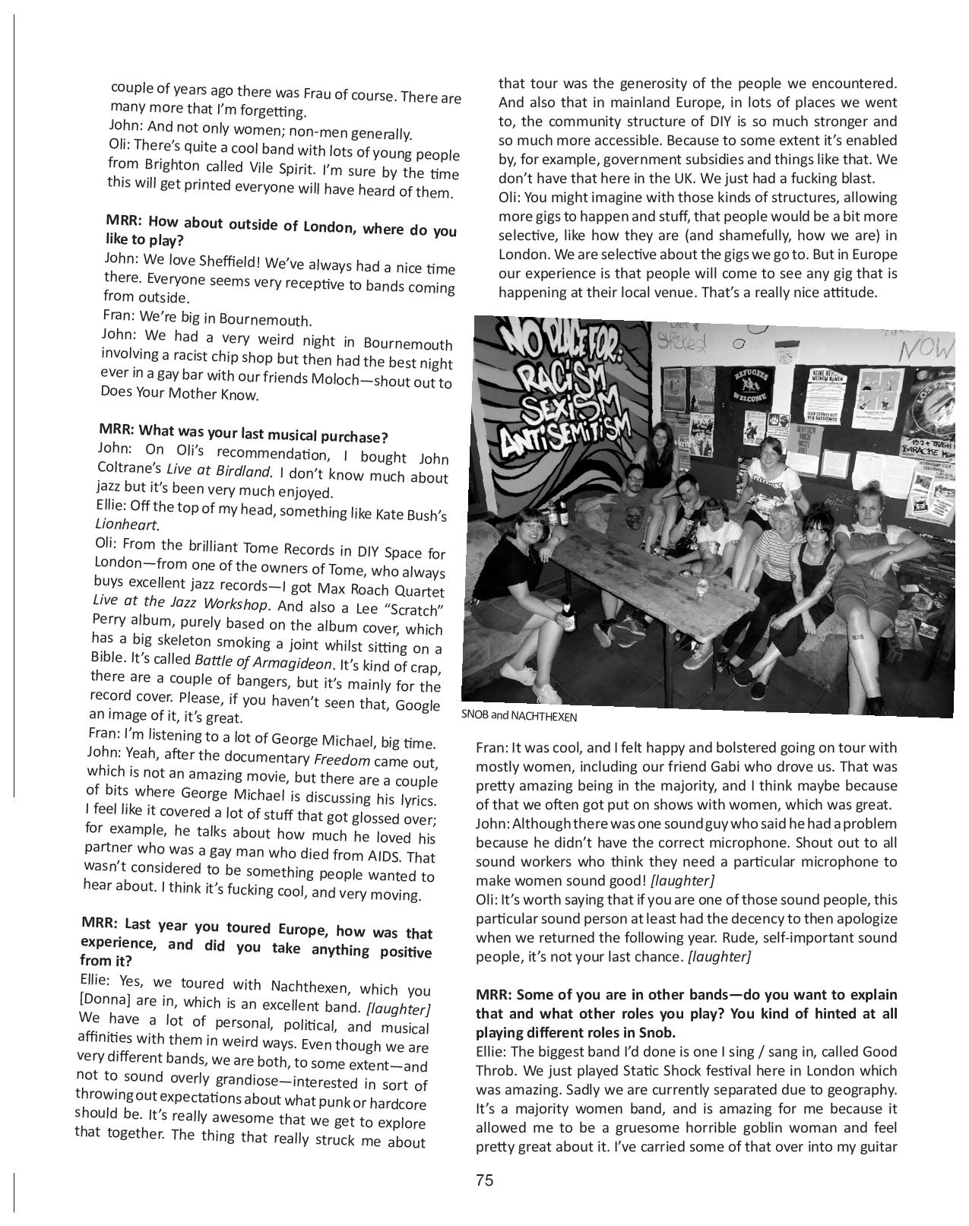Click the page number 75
pos(484,1180)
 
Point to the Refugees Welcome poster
pos(752,383)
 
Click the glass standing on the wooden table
pos(701,587)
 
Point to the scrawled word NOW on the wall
pos(926,349)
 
